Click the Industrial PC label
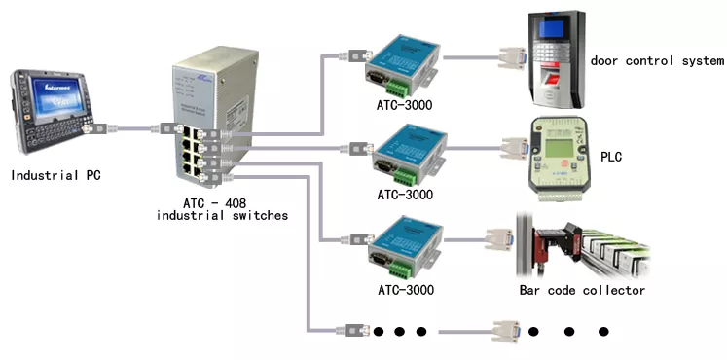pos(55,175)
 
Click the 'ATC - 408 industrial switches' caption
pos(222,209)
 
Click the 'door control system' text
pos(657,61)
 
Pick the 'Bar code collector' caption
pos(581,290)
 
